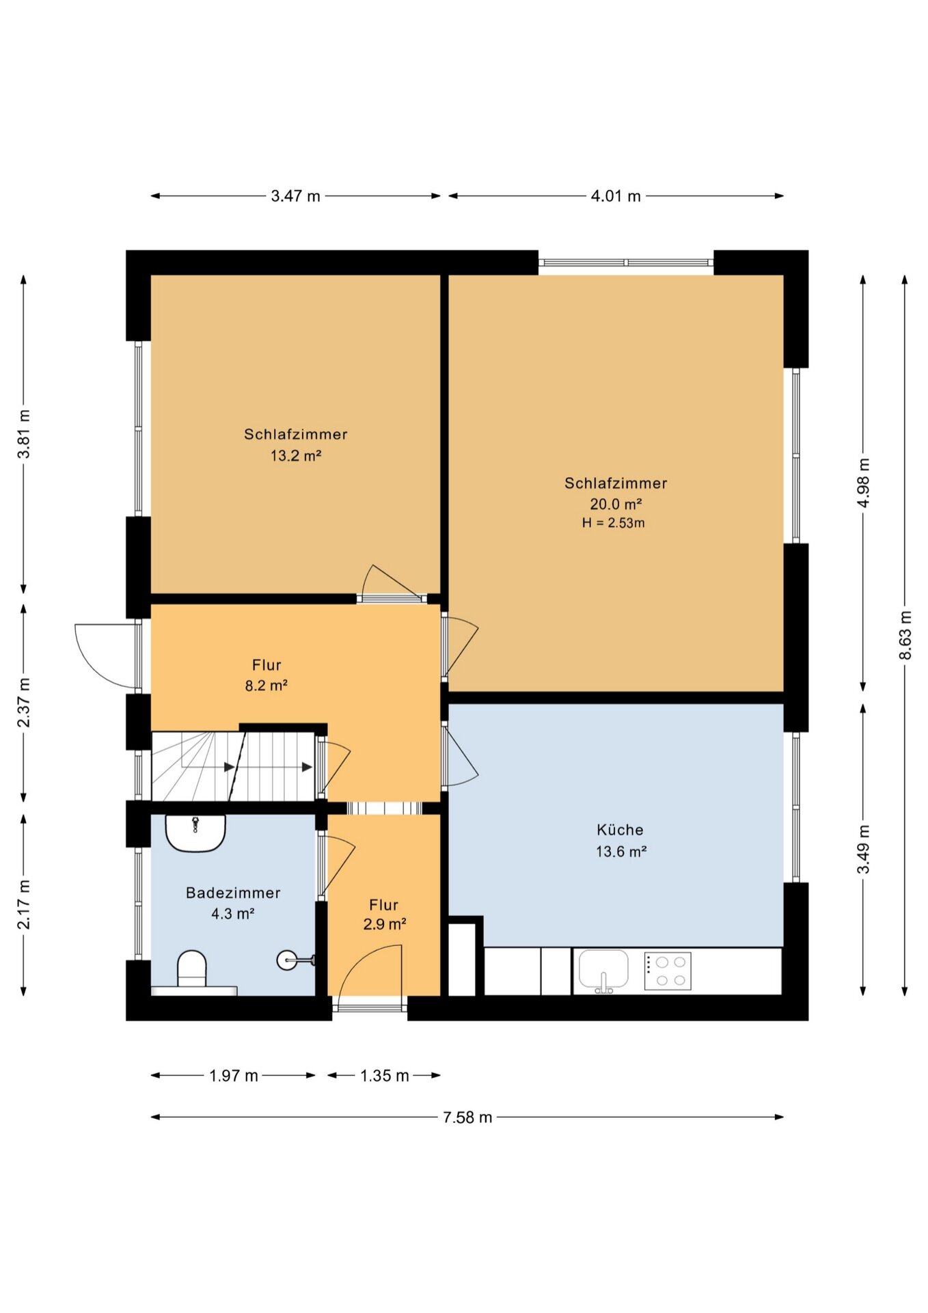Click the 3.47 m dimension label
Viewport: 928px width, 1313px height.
click(x=295, y=196)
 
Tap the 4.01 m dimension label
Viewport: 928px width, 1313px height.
click(x=616, y=196)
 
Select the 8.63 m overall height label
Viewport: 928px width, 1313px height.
click(x=905, y=635)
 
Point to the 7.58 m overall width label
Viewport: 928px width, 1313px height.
click(x=467, y=1117)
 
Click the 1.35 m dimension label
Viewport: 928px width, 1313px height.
click(x=384, y=1075)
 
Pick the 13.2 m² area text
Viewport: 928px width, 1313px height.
click(x=296, y=456)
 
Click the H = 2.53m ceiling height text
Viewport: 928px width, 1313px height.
click(x=614, y=523)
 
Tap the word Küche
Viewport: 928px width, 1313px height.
click(x=620, y=830)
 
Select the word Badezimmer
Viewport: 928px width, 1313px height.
click(x=233, y=893)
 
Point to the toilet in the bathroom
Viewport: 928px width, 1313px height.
click(x=192, y=969)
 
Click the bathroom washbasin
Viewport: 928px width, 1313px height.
click(x=195, y=833)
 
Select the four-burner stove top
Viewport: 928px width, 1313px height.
click(x=668, y=971)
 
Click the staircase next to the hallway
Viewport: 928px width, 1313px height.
click(x=233, y=766)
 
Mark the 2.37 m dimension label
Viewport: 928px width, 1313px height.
click(x=24, y=703)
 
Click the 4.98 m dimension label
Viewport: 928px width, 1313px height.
click(x=863, y=483)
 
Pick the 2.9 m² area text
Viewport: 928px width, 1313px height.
click(x=385, y=925)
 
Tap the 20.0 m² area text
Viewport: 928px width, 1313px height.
click(x=616, y=504)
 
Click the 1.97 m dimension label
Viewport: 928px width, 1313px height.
click(x=233, y=1075)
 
